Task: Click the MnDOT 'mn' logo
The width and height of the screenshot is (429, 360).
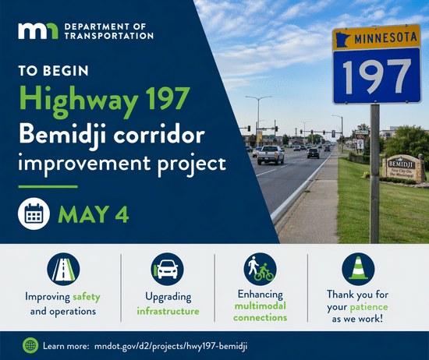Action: click(x=37, y=30)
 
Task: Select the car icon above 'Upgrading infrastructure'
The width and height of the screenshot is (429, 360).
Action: click(x=167, y=269)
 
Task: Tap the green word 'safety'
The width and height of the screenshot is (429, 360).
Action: click(x=87, y=298)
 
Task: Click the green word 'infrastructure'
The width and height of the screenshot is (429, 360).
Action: click(x=167, y=311)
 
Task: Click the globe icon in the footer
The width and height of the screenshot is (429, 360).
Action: click(x=30, y=344)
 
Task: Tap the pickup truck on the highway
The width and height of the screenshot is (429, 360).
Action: click(x=271, y=154)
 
